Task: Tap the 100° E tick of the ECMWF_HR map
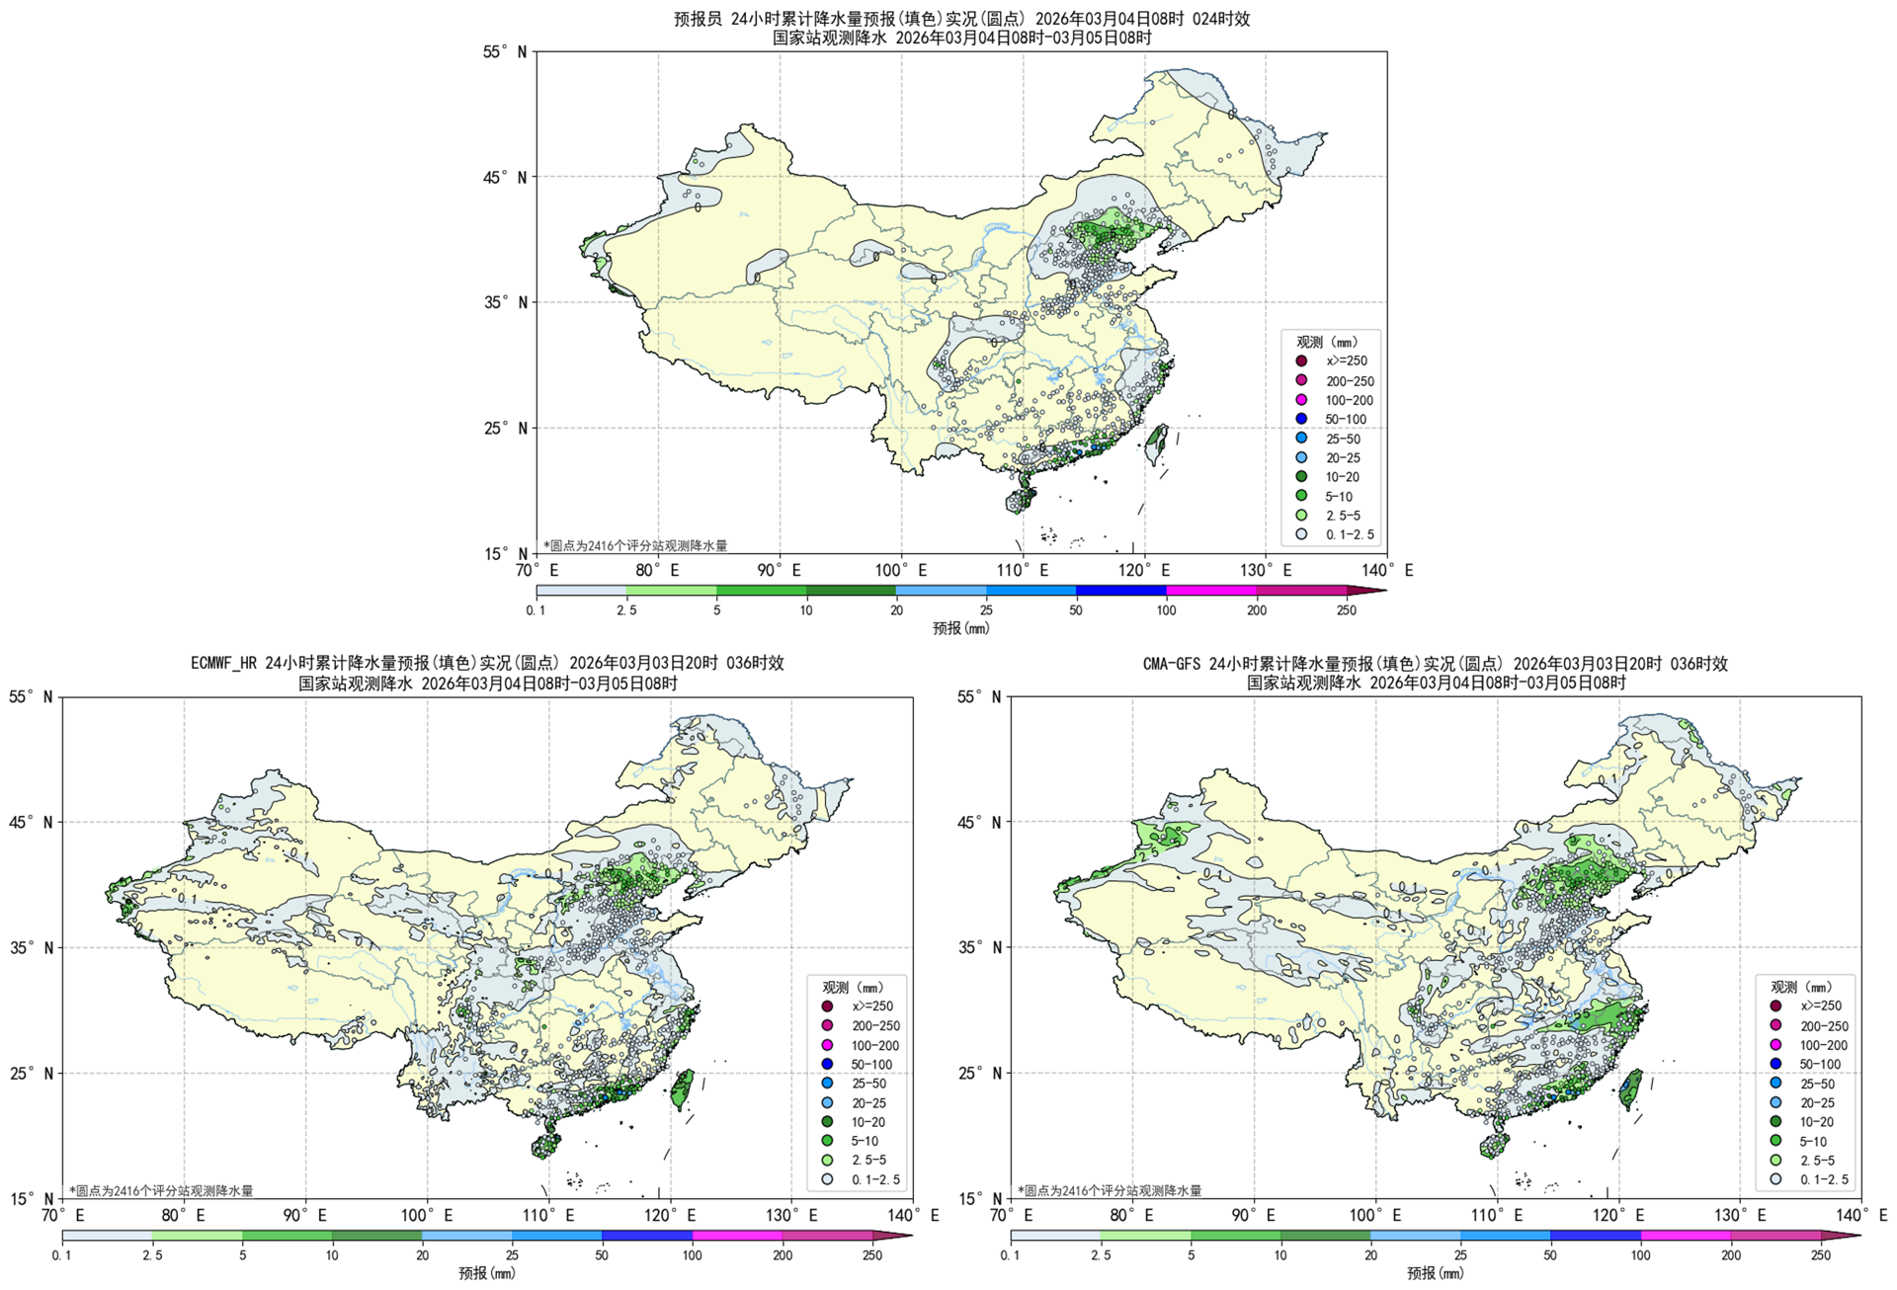[427, 1215]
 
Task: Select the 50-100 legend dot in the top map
[1301, 419]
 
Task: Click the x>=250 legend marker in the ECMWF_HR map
[827, 1006]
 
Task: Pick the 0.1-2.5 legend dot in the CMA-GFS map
[1775, 1178]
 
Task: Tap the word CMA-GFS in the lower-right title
[1172, 664]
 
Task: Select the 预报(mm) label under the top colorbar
[960, 628]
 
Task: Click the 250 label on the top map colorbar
[1346, 610]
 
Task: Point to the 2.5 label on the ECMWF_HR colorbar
[152, 1255]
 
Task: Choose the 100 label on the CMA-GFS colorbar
[1640, 1255]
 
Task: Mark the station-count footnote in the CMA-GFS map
[1109, 1190]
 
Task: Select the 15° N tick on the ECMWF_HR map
[32, 1199]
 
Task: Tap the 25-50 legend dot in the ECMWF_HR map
[827, 1084]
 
